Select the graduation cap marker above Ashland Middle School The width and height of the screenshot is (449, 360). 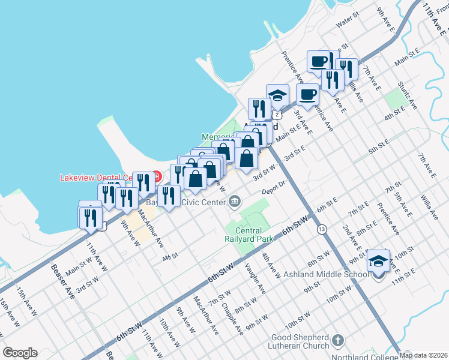pyautogui.click(x=378, y=261)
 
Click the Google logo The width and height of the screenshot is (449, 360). pyautogui.click(x=19, y=353)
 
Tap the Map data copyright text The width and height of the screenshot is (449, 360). pyautogui.click(x=424, y=356)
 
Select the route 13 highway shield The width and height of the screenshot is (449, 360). pyautogui.click(x=322, y=229)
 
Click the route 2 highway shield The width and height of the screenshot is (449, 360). pyautogui.click(x=276, y=113)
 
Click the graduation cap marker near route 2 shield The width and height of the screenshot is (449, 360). pyautogui.click(x=277, y=95)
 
